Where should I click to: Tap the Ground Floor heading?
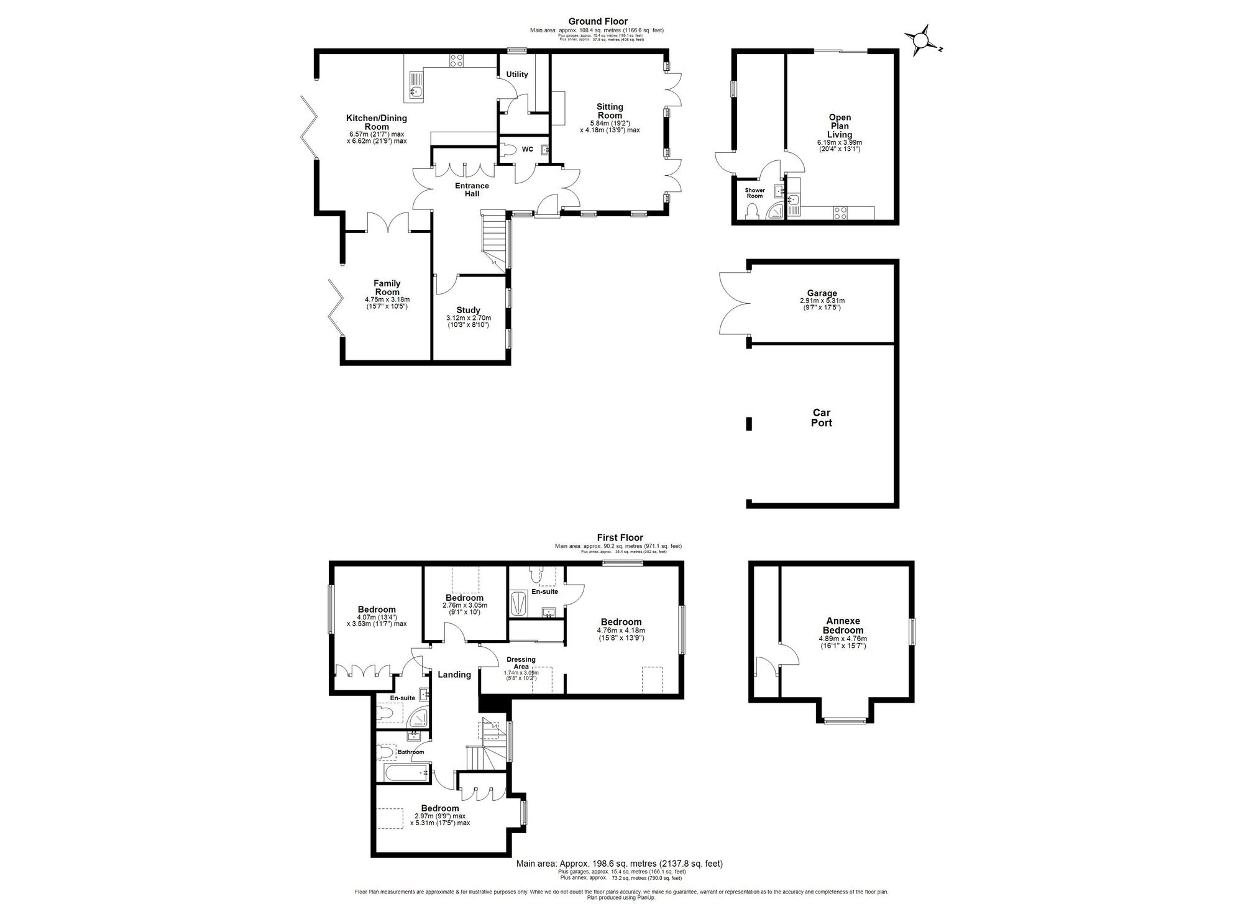pyautogui.click(x=598, y=22)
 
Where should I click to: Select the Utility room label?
pyautogui.click(x=516, y=75)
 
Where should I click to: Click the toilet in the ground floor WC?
pyautogui.click(x=508, y=149)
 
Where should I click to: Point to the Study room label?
pyautogui.click(x=468, y=311)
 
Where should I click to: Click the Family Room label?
pyautogui.click(x=387, y=288)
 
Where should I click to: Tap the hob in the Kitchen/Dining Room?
pyautogui.click(x=456, y=61)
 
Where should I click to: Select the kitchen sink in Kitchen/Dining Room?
pyautogui.click(x=416, y=93)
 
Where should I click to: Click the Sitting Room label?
pyautogui.click(x=610, y=111)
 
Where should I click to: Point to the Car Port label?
pyautogui.click(x=821, y=418)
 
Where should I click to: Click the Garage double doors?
pyautogui.click(x=733, y=301)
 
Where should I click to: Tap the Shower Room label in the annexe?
pyautogui.click(x=755, y=193)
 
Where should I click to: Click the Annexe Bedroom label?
pyautogui.click(x=843, y=625)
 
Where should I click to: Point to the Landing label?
pyautogui.click(x=454, y=675)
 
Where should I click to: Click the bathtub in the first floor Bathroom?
pyautogui.click(x=404, y=773)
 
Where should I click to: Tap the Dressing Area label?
pyautogui.click(x=521, y=663)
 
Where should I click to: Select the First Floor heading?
pyautogui.click(x=620, y=538)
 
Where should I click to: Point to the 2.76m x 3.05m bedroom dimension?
pyautogui.click(x=464, y=605)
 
